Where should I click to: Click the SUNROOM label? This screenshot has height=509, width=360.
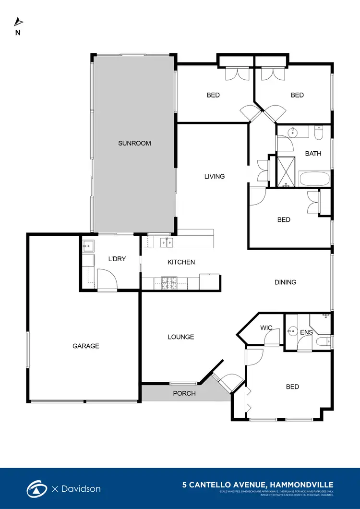tap(135, 143)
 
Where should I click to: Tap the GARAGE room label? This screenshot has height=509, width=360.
tap(86, 346)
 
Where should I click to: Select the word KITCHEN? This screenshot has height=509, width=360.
tap(181, 262)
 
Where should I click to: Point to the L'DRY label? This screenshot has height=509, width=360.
tap(117, 259)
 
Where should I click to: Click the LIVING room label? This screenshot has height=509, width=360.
tap(215, 176)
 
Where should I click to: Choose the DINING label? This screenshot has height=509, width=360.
tap(286, 282)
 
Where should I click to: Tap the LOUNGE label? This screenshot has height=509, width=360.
tap(181, 337)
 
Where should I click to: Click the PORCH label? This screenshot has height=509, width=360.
tap(184, 394)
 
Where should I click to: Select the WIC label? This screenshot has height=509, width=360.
tap(266, 328)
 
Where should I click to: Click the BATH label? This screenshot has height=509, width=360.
tap(313, 154)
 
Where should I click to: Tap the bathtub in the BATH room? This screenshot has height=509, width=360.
tap(314, 180)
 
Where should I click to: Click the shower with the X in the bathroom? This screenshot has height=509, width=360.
tap(286, 171)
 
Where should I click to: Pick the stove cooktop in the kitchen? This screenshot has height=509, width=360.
tap(168, 283)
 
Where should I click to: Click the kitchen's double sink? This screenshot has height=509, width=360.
tap(167, 242)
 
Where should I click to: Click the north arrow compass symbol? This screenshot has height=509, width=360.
tap(18, 22)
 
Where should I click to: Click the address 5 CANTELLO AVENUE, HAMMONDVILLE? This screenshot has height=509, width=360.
tap(258, 485)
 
